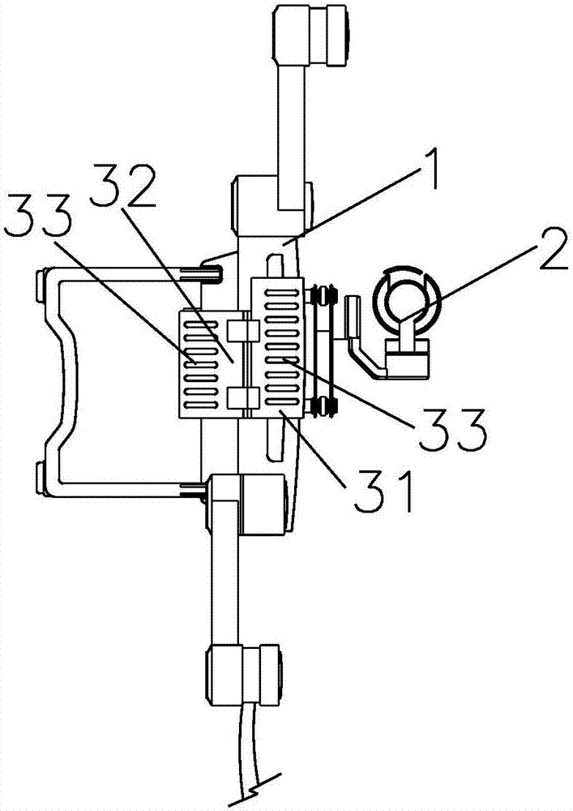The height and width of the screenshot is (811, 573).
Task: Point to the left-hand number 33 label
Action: (x=37, y=219)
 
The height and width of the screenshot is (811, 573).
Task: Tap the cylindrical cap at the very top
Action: (x=311, y=34)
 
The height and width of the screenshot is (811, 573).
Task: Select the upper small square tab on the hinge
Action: (x=242, y=331)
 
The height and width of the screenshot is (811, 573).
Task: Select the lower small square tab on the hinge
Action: (x=242, y=397)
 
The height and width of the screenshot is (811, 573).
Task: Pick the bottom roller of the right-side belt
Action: (x=322, y=408)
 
